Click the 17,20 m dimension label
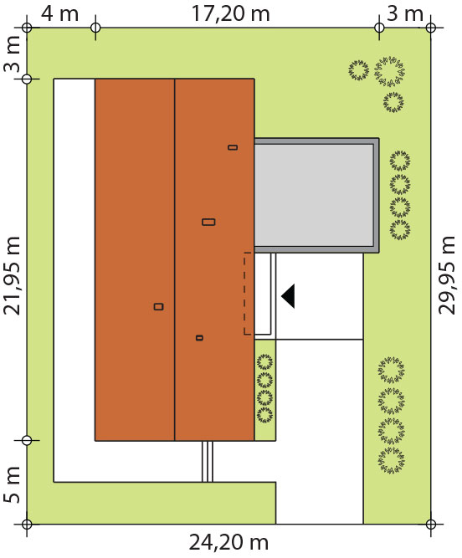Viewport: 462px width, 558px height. pyautogui.click(x=231, y=14)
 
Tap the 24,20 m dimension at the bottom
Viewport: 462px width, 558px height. pyautogui.click(x=228, y=543)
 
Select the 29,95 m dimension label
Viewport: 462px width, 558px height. pyautogui.click(x=447, y=275)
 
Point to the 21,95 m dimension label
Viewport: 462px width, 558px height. pyautogui.click(x=13, y=275)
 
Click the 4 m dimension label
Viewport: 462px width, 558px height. pyautogui.click(x=59, y=14)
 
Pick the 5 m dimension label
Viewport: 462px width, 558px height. pyautogui.click(x=13, y=484)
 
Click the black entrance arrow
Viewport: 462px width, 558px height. pyautogui.click(x=288, y=296)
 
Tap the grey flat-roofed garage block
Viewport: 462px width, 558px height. pyautogui.click(x=316, y=196)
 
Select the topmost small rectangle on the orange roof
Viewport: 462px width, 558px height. pyautogui.click(x=233, y=147)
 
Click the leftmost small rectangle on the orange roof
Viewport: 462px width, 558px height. pyautogui.click(x=159, y=307)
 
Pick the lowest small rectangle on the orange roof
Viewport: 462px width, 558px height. pyautogui.click(x=200, y=338)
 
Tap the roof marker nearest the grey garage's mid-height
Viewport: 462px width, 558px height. pyautogui.click(x=208, y=222)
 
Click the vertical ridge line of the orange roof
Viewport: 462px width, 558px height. pyautogui.click(x=174, y=260)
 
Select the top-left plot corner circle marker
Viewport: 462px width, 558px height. pyautogui.click(x=27, y=28)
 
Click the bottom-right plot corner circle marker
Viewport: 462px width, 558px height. pyautogui.click(x=431, y=525)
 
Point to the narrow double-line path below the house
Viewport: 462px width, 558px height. pyautogui.click(x=208, y=462)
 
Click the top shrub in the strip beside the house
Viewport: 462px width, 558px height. pyautogui.click(x=265, y=362)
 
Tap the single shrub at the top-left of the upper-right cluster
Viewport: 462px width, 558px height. pyautogui.click(x=359, y=70)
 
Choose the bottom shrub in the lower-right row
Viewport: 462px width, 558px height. pyautogui.click(x=391, y=461)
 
